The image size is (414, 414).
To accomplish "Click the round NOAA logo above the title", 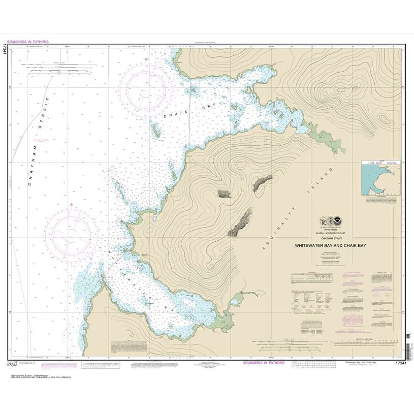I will click(337, 221).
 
